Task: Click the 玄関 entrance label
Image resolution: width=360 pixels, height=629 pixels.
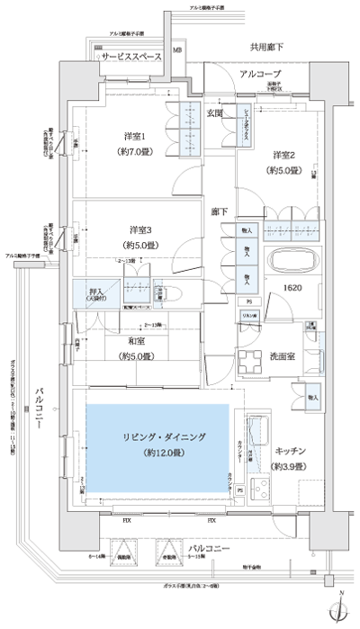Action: (216, 112)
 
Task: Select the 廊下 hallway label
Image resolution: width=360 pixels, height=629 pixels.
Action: (220, 212)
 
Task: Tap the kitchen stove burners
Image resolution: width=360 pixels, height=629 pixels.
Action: (265, 491)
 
